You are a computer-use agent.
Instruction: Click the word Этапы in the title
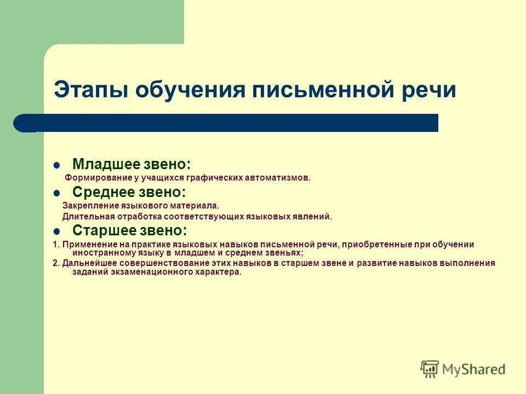pos(90,89)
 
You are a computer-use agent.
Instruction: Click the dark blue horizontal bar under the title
pos(230,123)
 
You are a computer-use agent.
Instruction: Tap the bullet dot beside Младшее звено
pos(56,165)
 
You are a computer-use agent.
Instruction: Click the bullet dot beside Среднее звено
pos(56,193)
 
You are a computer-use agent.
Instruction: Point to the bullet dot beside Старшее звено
pos(56,230)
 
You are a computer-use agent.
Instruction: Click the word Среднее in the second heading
pos(104,192)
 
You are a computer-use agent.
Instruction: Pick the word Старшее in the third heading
pos(105,230)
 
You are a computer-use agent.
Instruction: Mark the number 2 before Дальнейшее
pos(55,263)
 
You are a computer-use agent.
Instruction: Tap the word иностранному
pos(97,253)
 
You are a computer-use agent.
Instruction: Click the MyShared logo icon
pos(431,368)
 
